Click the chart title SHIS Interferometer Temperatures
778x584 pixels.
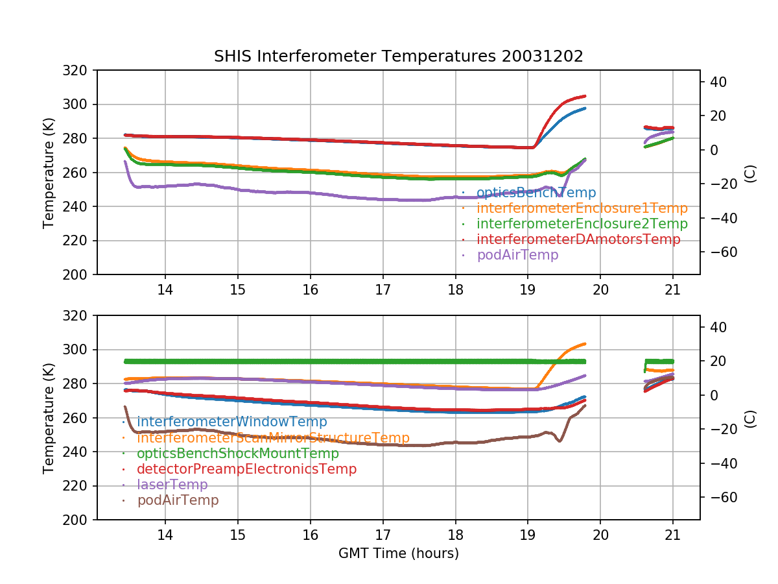coord(398,56)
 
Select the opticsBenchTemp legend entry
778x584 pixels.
coord(536,193)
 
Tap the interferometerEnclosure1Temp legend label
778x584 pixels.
coord(582,208)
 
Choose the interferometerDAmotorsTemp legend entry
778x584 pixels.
coord(578,239)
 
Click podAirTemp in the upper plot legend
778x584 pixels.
coord(517,255)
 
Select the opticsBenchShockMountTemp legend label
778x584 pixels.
coord(237,454)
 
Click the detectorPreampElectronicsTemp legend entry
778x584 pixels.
coord(246,469)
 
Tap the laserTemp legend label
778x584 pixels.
coord(172,485)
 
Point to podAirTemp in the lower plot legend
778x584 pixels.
coord(178,500)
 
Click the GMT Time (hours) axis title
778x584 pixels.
coord(398,554)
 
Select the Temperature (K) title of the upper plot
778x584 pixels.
coord(49,173)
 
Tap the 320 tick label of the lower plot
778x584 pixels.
coord(75,316)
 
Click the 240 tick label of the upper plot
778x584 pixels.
coord(75,207)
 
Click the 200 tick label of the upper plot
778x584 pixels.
coord(75,275)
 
